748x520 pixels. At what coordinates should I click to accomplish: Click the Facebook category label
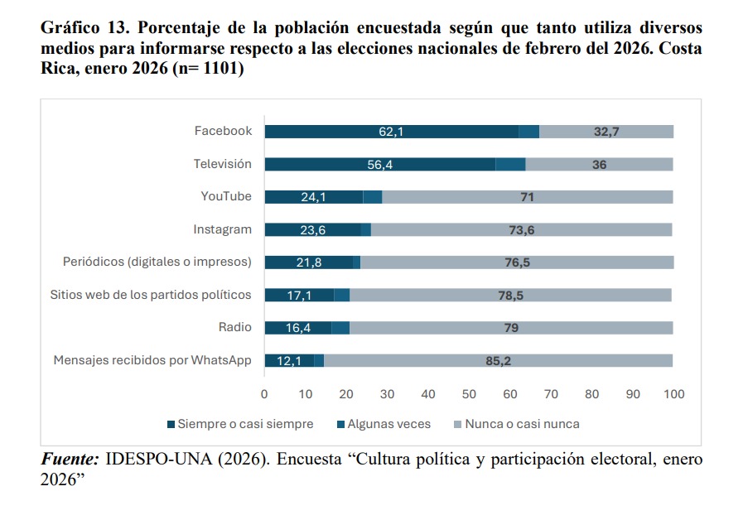pos(223,131)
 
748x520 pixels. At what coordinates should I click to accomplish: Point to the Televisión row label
pos(222,164)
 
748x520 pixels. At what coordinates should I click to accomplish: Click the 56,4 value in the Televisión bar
pos(379,165)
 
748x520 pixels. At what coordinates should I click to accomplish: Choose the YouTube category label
pos(226,196)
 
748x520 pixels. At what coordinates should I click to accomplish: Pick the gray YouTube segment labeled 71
pos(527,197)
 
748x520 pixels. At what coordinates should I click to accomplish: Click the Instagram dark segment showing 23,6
pos(312,230)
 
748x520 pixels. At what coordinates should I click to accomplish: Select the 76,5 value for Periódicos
pos(516,262)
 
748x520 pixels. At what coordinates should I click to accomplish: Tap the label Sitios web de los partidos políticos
pos(151,295)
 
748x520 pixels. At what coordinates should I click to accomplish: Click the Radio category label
pos(235,327)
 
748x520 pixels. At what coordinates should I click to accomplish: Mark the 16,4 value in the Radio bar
pos(298,328)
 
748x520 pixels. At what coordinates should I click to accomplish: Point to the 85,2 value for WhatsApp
pos(499,361)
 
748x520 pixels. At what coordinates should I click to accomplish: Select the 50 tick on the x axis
pos(469,394)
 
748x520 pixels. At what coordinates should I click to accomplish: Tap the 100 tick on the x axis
pos(674,394)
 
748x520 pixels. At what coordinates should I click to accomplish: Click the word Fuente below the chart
pos(70,460)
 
